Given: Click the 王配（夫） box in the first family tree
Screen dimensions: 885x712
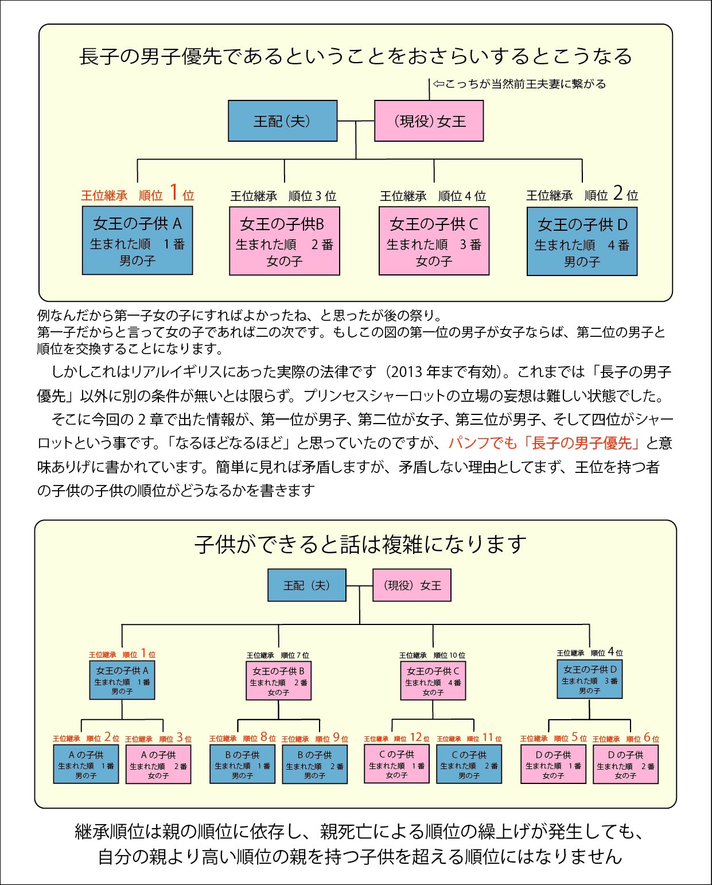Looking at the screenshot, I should click(282, 121).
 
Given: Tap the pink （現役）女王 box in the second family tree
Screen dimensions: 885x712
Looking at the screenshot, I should click(412, 585).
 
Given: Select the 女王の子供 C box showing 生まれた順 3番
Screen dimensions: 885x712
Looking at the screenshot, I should click(434, 241).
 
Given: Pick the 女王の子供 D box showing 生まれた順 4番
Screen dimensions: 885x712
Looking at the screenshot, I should click(582, 242).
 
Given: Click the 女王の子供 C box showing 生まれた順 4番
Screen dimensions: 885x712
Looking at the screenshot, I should click(433, 680).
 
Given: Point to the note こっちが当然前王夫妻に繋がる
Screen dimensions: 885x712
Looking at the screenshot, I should click(519, 84).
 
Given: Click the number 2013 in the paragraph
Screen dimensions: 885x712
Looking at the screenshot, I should click(408, 372).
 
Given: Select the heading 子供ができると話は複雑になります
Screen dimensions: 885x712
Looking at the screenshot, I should click(360, 544).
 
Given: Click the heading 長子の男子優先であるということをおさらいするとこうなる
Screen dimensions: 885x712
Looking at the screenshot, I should click(356, 56).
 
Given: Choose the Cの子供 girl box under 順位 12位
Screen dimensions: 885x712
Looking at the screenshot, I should click(396, 764).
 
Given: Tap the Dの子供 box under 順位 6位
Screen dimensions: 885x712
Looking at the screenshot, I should click(625, 764).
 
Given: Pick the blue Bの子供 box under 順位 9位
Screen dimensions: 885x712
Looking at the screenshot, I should click(314, 764).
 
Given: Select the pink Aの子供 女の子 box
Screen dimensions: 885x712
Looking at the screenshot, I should click(158, 764).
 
